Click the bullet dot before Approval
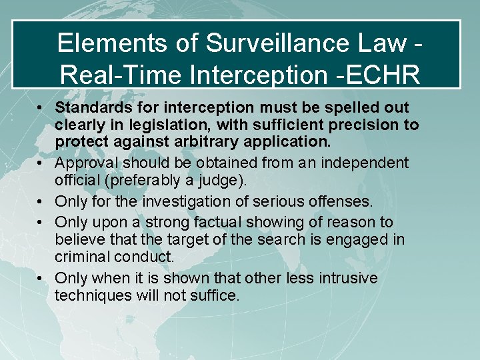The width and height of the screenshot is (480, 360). point(41,163)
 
